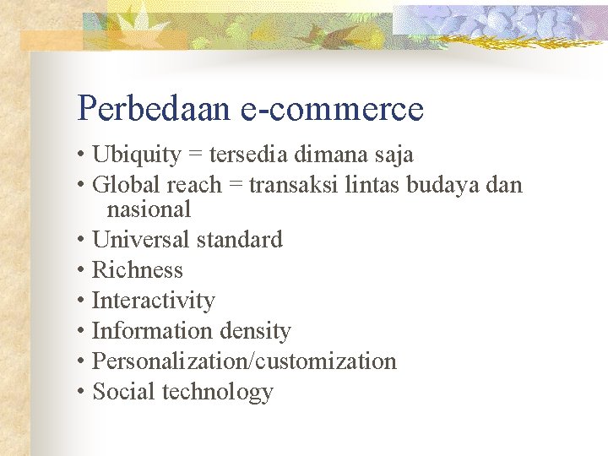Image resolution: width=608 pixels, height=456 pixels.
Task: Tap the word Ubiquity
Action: pyautogui.click(x=136, y=155)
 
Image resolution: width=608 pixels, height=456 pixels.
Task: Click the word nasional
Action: pyautogui.click(x=149, y=209)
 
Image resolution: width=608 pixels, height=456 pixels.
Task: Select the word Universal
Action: pyautogui.click(x=140, y=240)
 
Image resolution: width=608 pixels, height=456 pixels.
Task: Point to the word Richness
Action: pyautogui.click(x=137, y=270)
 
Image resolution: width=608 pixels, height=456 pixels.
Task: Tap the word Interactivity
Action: pyautogui.click(x=153, y=301)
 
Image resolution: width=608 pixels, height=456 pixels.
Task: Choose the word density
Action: pyautogui.click(x=254, y=331)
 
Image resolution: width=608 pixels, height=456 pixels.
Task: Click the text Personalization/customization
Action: pyautogui.click(x=243, y=361)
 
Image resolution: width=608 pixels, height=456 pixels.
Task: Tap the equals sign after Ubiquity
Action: pyautogui.click(x=194, y=156)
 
